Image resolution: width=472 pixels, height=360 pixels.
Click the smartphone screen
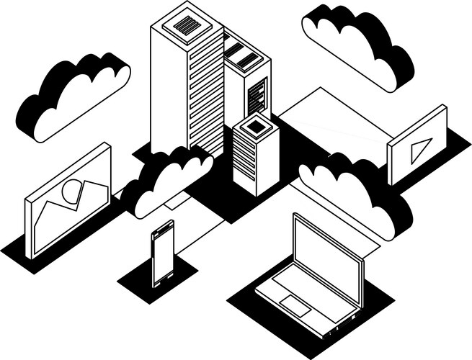163,256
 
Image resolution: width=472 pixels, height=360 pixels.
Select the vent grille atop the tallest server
186,26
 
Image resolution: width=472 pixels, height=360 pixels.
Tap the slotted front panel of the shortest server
246,162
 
